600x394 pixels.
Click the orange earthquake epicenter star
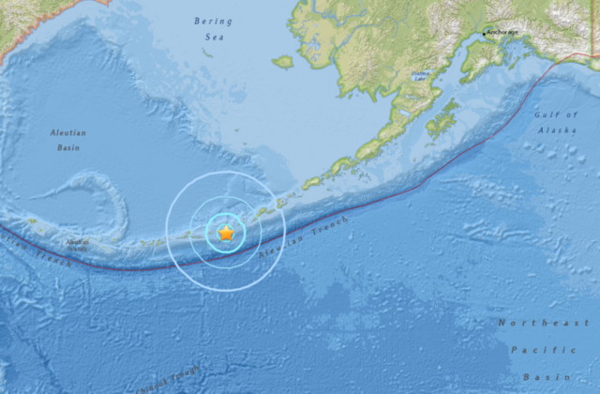tap(225, 233)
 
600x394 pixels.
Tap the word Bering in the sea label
tap(212, 21)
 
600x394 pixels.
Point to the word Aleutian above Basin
tap(67, 133)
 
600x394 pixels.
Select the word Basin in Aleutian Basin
tap(67, 146)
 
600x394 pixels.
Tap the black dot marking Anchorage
tap(485, 35)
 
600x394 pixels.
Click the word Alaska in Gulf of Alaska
tap(557, 129)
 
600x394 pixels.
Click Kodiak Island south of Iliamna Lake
tap(441, 121)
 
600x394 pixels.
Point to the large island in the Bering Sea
tap(283, 62)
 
